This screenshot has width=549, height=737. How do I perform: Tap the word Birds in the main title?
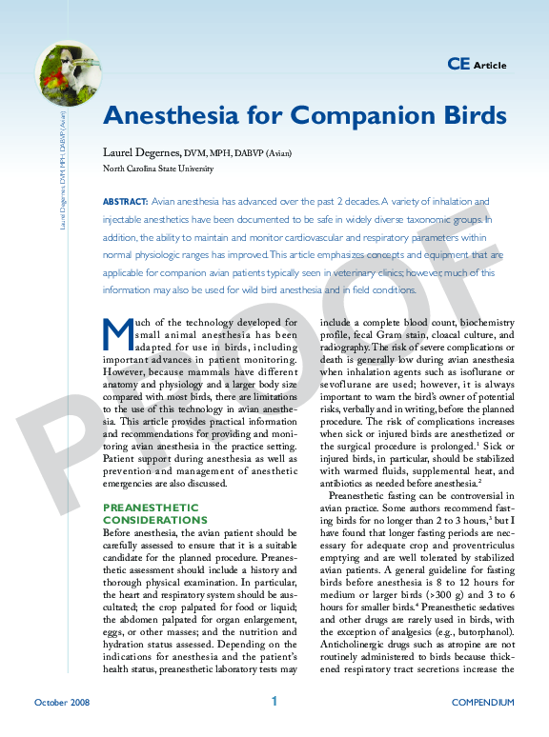[463, 115]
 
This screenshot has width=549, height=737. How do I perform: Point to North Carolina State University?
[158, 169]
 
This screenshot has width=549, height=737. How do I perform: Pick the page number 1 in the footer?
[274, 702]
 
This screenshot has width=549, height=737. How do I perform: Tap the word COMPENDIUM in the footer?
[482, 703]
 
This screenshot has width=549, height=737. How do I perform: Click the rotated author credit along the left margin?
[62, 171]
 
